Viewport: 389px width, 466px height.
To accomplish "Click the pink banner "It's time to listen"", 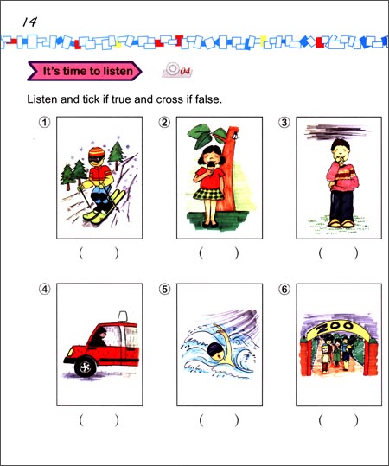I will [81, 71].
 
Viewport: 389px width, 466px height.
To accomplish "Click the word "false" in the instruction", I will [205, 99].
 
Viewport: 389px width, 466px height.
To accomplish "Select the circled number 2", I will [164, 123].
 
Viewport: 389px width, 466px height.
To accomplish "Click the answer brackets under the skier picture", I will [98, 253].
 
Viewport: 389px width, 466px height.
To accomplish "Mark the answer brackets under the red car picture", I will [98, 420].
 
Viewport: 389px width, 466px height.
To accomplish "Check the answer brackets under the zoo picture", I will [337, 420].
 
